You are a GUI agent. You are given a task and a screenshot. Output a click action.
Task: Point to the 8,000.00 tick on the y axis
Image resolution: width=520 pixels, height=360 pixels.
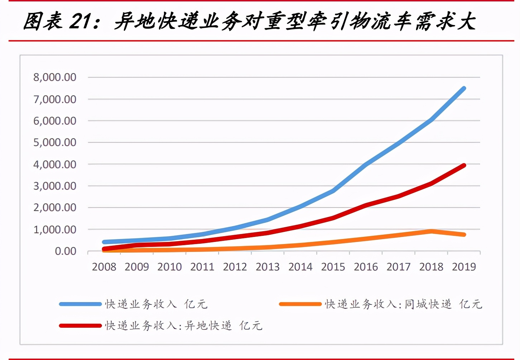tap(55, 77)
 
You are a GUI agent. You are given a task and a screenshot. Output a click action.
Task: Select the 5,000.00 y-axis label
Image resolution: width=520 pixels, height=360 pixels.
tap(55, 142)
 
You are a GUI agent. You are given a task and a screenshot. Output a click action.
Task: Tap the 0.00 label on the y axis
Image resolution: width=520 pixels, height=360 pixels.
tap(66, 251)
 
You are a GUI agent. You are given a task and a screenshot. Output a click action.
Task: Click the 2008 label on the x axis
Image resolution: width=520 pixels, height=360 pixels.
tap(104, 267)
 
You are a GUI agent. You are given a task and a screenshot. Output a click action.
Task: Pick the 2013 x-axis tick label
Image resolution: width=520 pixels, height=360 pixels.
tap(268, 267)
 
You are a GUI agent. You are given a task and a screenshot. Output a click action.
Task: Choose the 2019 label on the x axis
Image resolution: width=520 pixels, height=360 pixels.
tap(464, 267)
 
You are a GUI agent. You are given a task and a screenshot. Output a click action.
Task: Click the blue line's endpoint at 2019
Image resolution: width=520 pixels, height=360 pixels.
tap(464, 88)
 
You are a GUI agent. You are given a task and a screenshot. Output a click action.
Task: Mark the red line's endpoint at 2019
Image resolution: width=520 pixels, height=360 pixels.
tap(464, 165)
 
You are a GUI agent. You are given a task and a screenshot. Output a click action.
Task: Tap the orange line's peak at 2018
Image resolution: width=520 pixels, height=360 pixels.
tap(431, 231)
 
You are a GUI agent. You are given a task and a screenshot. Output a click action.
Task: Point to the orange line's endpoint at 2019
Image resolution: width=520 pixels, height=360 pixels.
tap(464, 235)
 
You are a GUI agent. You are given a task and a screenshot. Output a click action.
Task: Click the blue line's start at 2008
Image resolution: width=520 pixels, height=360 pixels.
tap(104, 242)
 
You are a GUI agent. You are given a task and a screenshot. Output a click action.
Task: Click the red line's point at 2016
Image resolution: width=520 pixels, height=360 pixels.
tap(366, 205)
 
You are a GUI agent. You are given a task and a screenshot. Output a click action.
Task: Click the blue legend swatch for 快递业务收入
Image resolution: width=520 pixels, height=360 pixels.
tap(80, 304)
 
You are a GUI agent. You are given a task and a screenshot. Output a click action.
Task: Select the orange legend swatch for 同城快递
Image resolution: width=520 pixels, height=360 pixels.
tap(300, 304)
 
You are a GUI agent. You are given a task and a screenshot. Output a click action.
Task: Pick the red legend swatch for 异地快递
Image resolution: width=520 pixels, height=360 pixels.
tap(80, 326)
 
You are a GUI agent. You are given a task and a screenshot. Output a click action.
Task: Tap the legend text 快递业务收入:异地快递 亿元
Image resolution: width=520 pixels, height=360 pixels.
tap(184, 326)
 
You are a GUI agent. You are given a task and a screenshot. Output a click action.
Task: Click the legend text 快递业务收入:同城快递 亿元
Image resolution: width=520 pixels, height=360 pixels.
tap(403, 304)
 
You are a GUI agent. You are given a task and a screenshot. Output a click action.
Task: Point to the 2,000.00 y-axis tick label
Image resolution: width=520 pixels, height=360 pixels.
tap(55, 208)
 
